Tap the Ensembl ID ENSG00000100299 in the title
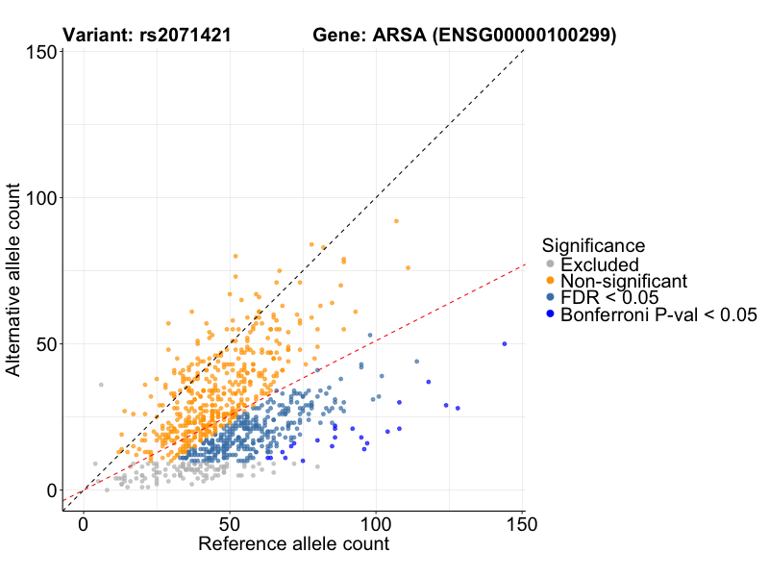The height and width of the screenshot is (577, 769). coord(525,37)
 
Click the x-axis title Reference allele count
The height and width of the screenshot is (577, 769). coord(293,544)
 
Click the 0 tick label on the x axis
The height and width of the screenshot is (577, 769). coord(84,524)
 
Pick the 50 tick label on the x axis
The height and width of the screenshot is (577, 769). coord(230,524)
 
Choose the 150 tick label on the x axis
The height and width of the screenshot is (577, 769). coord(520,524)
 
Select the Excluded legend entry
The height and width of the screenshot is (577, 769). coord(600,264)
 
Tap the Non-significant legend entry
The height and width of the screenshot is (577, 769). coord(624,281)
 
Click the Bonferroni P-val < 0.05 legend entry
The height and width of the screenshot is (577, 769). coord(659,314)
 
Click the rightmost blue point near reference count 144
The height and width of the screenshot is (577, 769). coord(505,343)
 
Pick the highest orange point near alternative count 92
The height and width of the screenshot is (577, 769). coord(395,221)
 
